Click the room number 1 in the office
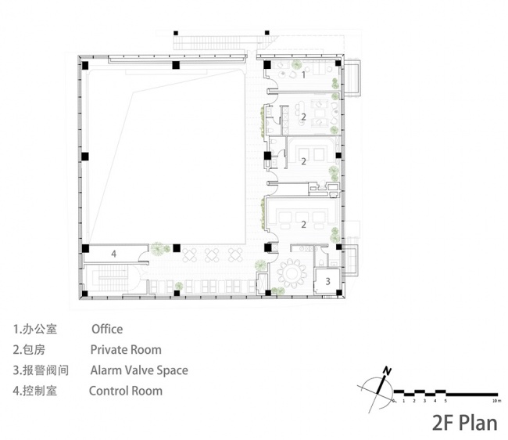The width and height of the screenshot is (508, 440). click(x=303, y=75)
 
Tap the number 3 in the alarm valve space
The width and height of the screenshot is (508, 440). click(x=327, y=281)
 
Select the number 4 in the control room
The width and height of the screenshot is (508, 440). click(x=114, y=254)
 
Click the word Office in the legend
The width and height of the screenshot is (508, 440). click(x=107, y=329)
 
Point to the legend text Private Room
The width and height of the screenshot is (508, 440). click(x=126, y=350)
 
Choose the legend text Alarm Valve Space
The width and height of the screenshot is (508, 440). click(x=139, y=370)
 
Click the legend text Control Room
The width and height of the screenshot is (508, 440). click(x=126, y=391)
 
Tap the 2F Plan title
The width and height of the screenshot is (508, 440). click(x=465, y=423)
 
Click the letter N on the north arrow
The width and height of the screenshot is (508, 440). click(x=387, y=370)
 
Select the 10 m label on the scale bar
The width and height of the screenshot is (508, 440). click(x=495, y=401)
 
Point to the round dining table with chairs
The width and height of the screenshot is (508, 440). click(x=292, y=273)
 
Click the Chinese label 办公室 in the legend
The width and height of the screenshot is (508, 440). click(x=40, y=329)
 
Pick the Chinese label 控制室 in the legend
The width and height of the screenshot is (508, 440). click(x=40, y=391)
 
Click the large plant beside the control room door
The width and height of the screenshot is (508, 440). click(x=157, y=249)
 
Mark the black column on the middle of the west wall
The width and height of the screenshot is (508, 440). click(x=85, y=157)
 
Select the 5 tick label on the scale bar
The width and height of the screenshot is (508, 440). click(x=445, y=401)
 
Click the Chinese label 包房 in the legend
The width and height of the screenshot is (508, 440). click(x=34, y=350)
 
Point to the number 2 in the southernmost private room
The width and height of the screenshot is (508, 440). click(x=303, y=224)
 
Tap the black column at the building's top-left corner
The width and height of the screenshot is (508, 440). click(x=85, y=65)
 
